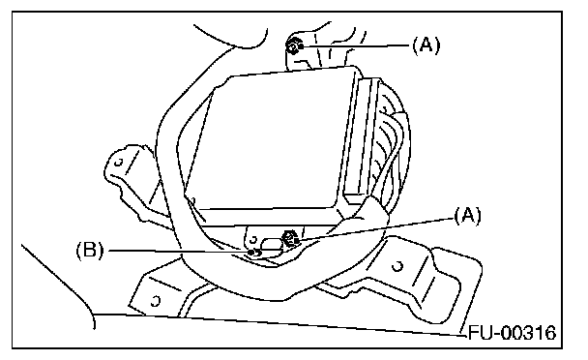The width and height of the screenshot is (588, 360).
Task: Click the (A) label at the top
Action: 426,45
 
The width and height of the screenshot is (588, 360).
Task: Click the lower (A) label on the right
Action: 467,216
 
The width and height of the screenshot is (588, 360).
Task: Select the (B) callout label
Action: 90,250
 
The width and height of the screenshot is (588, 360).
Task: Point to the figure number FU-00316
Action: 513,333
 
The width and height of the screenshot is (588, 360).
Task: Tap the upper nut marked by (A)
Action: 294,47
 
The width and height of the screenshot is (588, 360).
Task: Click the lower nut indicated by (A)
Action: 291,239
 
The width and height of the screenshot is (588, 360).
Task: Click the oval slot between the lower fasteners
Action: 272,244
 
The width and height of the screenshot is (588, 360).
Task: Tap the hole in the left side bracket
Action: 119,163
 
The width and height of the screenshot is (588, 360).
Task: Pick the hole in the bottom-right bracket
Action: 397,266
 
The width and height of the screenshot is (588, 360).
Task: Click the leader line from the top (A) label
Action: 355,46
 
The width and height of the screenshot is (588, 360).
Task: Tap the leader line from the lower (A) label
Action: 375,228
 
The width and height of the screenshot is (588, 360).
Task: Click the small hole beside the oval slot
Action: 253,239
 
